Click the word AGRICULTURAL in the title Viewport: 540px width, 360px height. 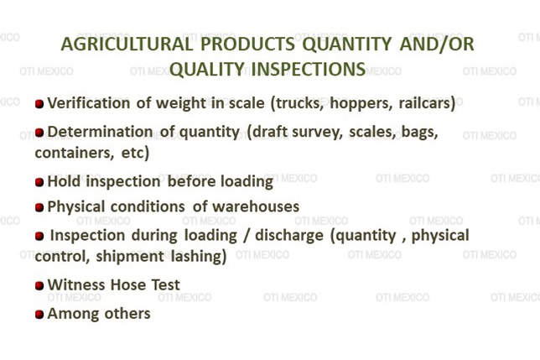point(127,44)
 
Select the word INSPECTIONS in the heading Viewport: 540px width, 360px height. point(309,69)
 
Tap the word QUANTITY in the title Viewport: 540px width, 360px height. point(347,44)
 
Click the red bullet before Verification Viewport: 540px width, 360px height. point(39,104)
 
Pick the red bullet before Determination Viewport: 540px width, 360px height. point(39,133)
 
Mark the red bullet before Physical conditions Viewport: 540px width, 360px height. point(39,207)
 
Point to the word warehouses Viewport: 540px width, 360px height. point(256,206)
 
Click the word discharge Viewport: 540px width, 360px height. point(289,236)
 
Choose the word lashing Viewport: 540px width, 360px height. point(199,256)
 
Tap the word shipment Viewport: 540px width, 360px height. point(130,256)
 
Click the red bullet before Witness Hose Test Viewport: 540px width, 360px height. point(39,285)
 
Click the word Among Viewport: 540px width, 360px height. point(73,314)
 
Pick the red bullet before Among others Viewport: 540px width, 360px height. point(39,315)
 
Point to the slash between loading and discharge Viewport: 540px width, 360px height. point(246,235)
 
